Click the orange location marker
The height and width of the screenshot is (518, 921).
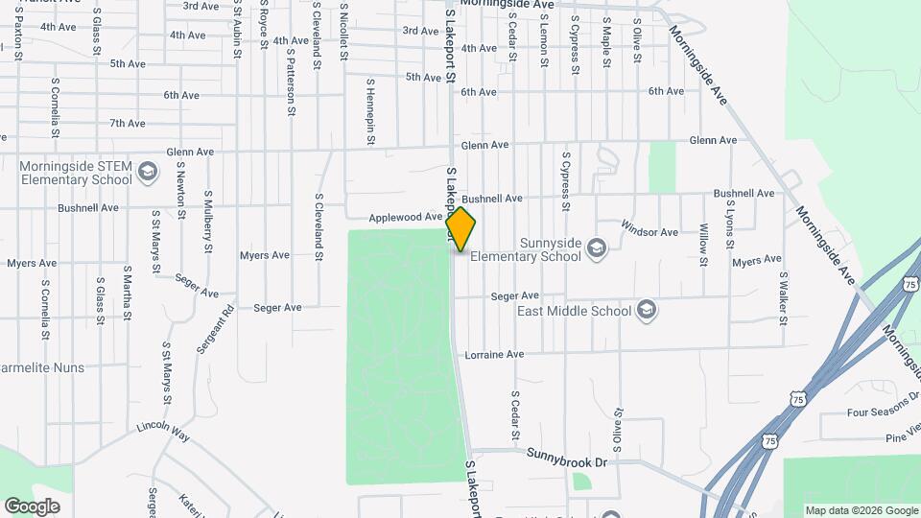click(x=461, y=229)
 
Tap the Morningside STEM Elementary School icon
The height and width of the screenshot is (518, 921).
click(x=147, y=172)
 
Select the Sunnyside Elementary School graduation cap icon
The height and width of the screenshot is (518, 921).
click(x=597, y=248)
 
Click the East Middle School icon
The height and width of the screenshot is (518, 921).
click(x=647, y=310)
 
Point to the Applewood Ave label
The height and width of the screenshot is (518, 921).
click(x=406, y=218)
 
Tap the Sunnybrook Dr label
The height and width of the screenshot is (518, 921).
click(x=568, y=462)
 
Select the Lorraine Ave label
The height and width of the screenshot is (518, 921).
click(x=494, y=354)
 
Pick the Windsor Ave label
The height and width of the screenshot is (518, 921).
click(x=649, y=232)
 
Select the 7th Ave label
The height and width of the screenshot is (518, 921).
click(x=127, y=123)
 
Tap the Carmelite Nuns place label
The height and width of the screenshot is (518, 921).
click(x=42, y=367)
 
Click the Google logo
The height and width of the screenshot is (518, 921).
click(x=32, y=506)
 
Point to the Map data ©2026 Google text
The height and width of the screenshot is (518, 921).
click(x=861, y=510)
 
